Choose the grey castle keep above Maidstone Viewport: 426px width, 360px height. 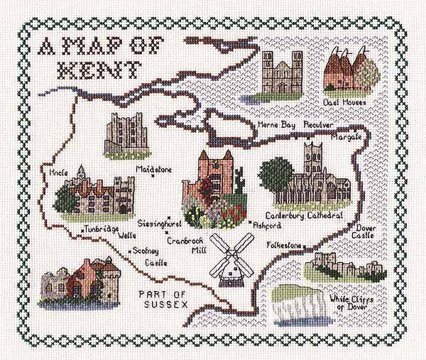tap(124, 136)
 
